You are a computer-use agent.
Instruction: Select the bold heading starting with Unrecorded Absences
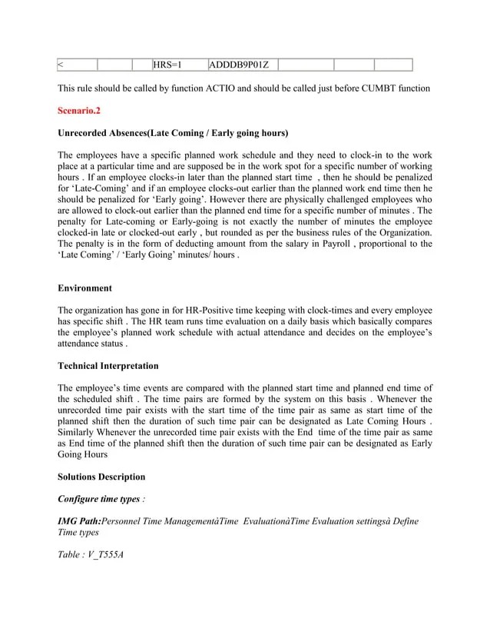pyautogui.click(x=173, y=133)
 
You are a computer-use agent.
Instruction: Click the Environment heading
pyautogui.click(x=84, y=288)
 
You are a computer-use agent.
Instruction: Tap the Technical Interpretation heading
pyautogui.click(x=108, y=366)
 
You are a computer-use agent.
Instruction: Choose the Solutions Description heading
pyautogui.click(x=101, y=477)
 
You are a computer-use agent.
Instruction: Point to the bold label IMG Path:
pyautogui.click(x=79, y=521)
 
